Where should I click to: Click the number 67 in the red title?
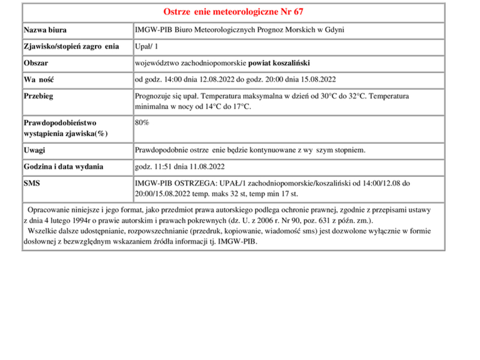pos(304,12)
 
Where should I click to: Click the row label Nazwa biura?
pos(45,30)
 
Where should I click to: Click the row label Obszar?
pos(36,63)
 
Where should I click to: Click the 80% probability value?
pos(142,122)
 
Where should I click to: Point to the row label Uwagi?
pos(34,150)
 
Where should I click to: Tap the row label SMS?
pos(32,183)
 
